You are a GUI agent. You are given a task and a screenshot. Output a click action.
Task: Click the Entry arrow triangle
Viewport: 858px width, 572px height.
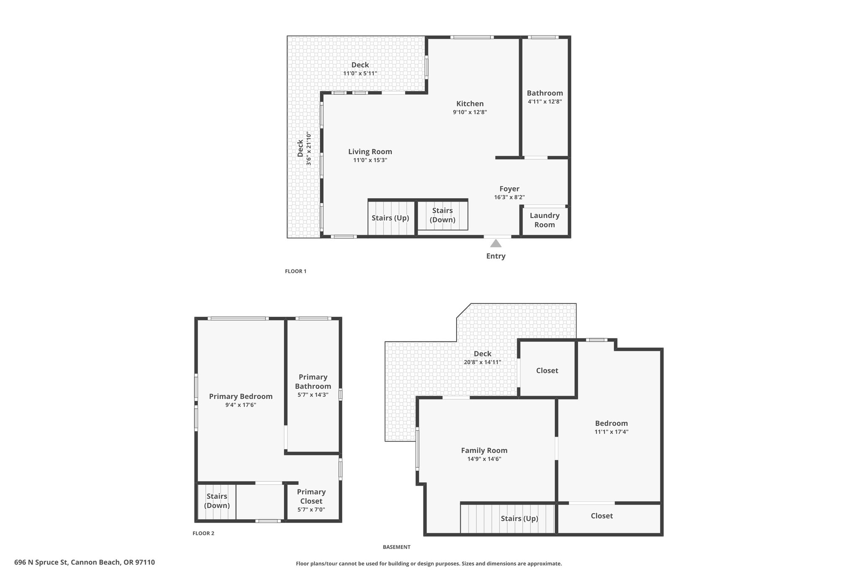tap(496, 243)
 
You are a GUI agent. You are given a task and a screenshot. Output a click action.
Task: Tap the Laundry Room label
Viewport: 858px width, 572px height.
tap(545, 220)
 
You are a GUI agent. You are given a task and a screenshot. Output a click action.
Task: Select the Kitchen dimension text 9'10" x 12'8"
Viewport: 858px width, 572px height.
tap(470, 112)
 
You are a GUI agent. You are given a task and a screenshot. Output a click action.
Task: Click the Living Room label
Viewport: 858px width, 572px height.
tap(370, 152)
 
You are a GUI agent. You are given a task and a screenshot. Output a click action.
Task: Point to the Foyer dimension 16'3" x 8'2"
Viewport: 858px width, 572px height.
tap(509, 197)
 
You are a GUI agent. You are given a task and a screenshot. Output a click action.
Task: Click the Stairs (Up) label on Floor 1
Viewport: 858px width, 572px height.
tap(390, 218)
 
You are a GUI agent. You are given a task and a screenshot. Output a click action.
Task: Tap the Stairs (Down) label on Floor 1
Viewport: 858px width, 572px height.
tap(442, 215)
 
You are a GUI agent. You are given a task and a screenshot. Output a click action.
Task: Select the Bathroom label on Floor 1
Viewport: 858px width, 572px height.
tap(545, 93)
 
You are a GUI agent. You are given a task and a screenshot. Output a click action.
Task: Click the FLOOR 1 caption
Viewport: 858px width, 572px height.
tap(296, 271)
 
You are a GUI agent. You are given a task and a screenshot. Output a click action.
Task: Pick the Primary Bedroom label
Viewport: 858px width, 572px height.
tap(241, 396)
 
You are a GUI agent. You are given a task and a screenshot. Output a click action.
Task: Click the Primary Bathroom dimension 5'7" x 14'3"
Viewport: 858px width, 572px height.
tap(313, 395)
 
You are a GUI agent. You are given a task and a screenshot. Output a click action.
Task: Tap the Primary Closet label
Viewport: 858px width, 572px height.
tap(311, 497)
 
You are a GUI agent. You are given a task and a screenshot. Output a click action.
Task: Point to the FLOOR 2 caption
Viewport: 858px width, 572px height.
tap(203, 533)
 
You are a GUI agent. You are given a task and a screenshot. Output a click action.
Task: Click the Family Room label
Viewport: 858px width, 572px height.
tap(484, 450)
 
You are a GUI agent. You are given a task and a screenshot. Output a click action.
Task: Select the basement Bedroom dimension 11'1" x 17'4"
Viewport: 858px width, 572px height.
tap(611, 432)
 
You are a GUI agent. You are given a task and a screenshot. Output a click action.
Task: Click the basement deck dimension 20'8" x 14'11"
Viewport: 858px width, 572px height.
tap(482, 362)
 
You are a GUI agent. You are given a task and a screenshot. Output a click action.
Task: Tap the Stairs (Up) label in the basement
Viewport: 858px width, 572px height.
tap(519, 518)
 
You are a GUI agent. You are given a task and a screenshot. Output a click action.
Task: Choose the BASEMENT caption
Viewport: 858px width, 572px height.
tap(396, 547)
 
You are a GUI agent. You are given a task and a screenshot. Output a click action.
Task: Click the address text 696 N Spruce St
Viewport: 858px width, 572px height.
tap(41, 562)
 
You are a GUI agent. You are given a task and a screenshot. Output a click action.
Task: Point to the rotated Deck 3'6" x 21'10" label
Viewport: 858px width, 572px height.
tap(304, 149)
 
